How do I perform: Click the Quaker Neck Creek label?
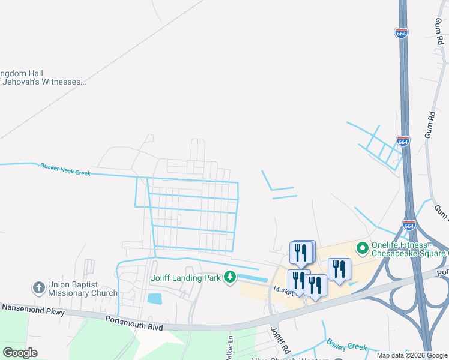coord(65,169)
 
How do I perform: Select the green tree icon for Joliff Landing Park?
coord(229,277)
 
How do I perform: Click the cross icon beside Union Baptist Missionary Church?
coord(39,288)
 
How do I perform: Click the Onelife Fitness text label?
coord(408,248)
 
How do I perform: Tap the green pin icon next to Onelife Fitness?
coord(363,247)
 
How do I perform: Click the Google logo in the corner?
coord(20,353)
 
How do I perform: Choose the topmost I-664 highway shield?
coord(402,32)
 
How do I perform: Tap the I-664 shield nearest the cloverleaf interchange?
coord(409,226)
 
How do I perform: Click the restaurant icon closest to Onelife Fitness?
coord(339,269)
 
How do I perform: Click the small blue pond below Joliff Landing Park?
coord(154,298)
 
